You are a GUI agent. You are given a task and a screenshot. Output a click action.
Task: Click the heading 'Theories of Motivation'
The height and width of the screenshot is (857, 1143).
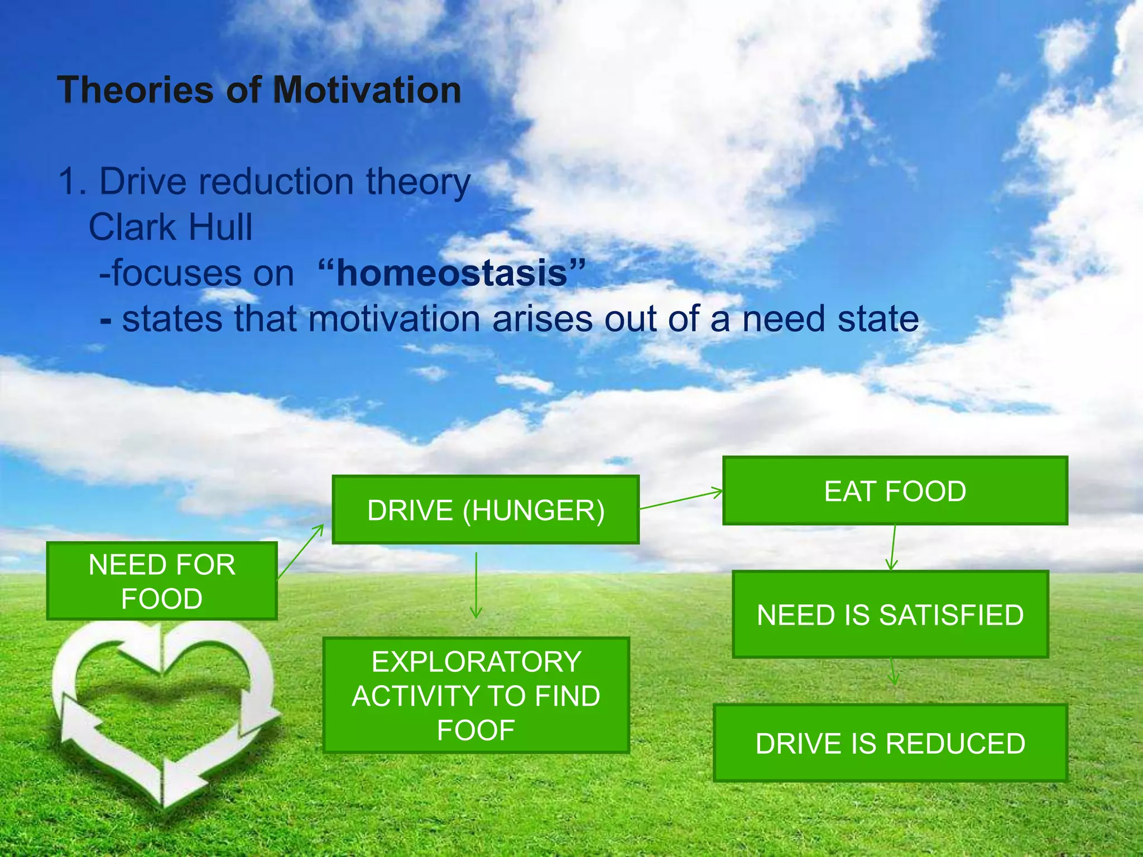tap(260, 90)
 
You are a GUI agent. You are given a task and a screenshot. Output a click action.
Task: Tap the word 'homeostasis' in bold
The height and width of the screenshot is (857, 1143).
tap(452, 273)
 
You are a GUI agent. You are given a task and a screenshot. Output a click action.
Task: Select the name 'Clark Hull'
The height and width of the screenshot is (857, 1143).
tap(171, 228)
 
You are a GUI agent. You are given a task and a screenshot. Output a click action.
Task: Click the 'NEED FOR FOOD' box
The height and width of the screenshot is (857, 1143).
tap(162, 581)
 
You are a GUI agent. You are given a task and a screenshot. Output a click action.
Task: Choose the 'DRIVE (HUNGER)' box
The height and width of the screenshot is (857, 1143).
tap(486, 510)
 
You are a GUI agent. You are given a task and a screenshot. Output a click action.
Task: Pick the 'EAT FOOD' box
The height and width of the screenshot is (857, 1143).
tap(895, 491)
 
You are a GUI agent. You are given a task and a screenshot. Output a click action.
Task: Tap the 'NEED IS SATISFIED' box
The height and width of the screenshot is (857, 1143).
tap(890, 614)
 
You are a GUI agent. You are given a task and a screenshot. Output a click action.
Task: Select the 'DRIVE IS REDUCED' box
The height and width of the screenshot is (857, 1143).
tap(890, 743)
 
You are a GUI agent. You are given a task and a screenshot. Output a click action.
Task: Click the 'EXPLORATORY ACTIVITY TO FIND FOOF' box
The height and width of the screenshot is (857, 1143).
tap(476, 695)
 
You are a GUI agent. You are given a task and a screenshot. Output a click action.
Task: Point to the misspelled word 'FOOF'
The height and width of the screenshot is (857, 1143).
tap(476, 730)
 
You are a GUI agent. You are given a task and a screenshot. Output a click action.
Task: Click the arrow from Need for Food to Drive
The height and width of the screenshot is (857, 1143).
tap(301, 551)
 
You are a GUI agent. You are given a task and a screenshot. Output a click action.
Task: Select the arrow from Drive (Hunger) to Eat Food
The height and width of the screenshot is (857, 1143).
tap(681, 500)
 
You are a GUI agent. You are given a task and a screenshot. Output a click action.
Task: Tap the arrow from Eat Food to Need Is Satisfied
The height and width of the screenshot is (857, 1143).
tap(893, 548)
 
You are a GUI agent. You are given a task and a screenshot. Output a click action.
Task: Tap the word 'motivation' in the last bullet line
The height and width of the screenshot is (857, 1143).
tap(394, 319)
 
